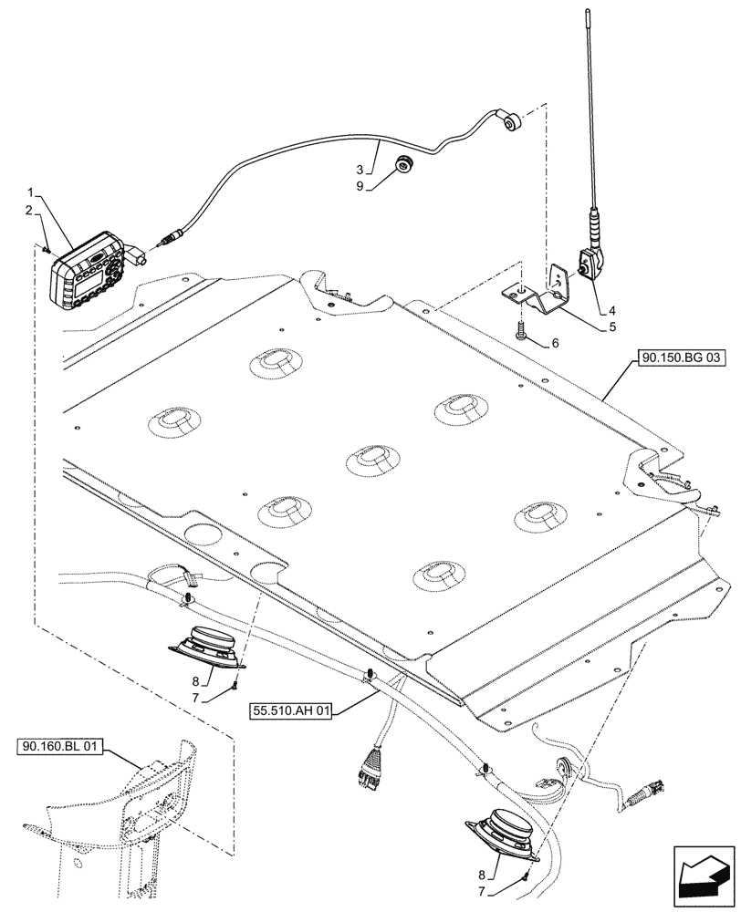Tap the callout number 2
coord(30,211)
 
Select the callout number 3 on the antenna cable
coord(360,170)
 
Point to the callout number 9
coord(360,186)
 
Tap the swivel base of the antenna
coord(587,268)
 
